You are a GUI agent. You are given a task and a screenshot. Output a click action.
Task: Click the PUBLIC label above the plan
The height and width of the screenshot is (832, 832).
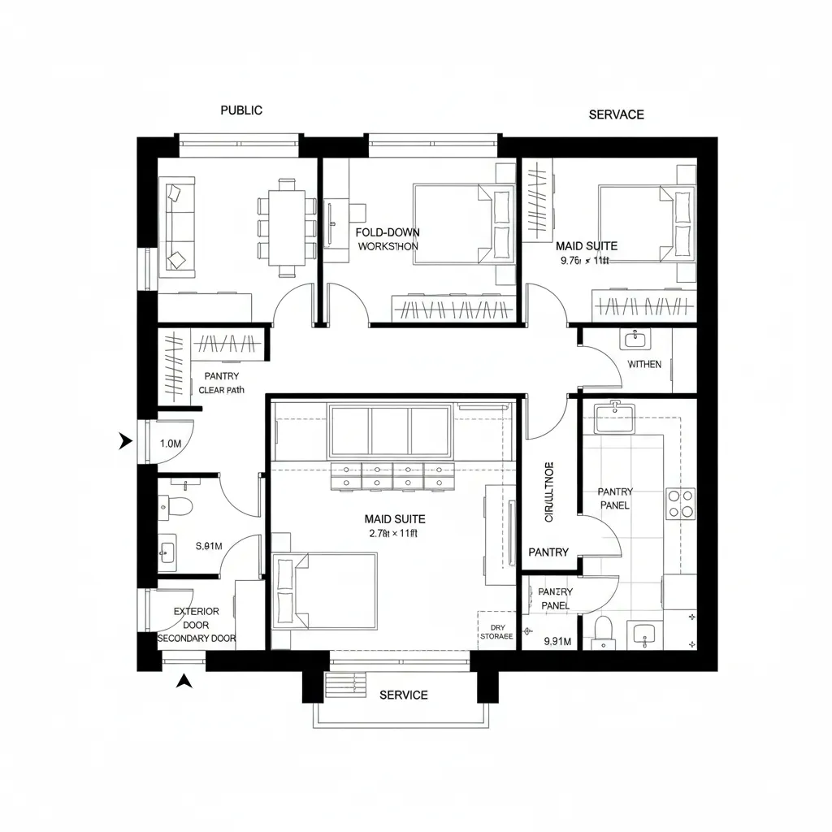pyautogui.click(x=241, y=110)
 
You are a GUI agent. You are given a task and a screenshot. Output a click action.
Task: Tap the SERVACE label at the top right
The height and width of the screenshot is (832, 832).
pyautogui.click(x=616, y=115)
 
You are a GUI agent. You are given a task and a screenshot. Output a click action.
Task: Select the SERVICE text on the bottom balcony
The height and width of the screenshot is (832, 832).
pyautogui.click(x=404, y=695)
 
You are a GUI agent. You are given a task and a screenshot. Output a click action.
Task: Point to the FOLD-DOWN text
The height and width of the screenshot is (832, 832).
pyautogui.click(x=388, y=232)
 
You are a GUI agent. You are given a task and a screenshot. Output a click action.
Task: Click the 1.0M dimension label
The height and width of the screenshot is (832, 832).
pyautogui.click(x=171, y=444)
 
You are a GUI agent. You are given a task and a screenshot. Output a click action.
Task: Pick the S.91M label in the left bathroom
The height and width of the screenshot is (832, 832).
pyautogui.click(x=210, y=546)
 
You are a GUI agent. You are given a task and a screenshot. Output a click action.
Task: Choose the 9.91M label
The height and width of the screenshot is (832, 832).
pyautogui.click(x=557, y=641)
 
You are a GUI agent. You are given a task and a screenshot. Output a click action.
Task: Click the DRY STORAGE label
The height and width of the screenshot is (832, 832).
pyautogui.click(x=496, y=632)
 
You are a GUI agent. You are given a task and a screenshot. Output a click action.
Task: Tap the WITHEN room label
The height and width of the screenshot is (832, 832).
pyautogui.click(x=644, y=364)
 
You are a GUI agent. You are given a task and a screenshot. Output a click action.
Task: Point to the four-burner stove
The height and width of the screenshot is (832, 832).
pyautogui.click(x=681, y=503)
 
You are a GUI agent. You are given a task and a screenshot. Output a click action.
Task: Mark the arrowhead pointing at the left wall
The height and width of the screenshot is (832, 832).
pyautogui.click(x=125, y=441)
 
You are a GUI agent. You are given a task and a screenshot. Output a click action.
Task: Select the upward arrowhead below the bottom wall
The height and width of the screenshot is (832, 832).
pyautogui.click(x=185, y=681)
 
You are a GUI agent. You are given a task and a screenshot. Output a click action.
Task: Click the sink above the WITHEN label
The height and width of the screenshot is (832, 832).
pyautogui.click(x=633, y=339)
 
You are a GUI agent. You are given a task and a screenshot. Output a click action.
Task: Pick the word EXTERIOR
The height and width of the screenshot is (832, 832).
pyautogui.click(x=197, y=611)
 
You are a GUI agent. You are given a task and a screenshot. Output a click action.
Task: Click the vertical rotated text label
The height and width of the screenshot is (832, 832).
pyautogui.click(x=548, y=492)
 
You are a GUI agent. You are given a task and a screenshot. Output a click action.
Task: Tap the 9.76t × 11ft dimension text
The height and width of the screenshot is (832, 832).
pyautogui.click(x=585, y=261)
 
